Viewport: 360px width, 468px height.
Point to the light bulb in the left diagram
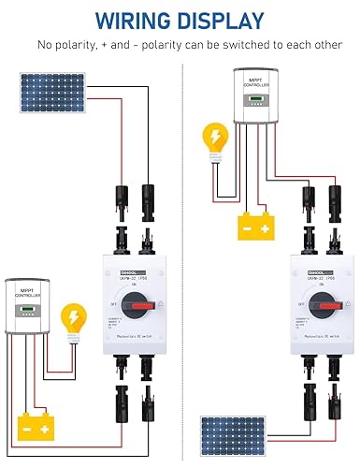(69, 317)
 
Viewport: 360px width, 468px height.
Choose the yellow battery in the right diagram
(254, 225)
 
